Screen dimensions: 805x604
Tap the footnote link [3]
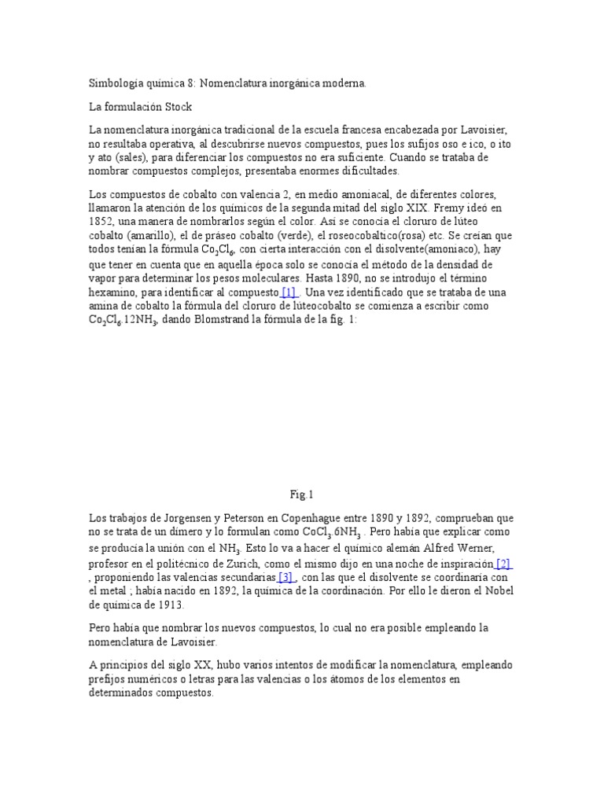coord(285,578)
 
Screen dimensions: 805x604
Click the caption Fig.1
coord(301,494)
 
